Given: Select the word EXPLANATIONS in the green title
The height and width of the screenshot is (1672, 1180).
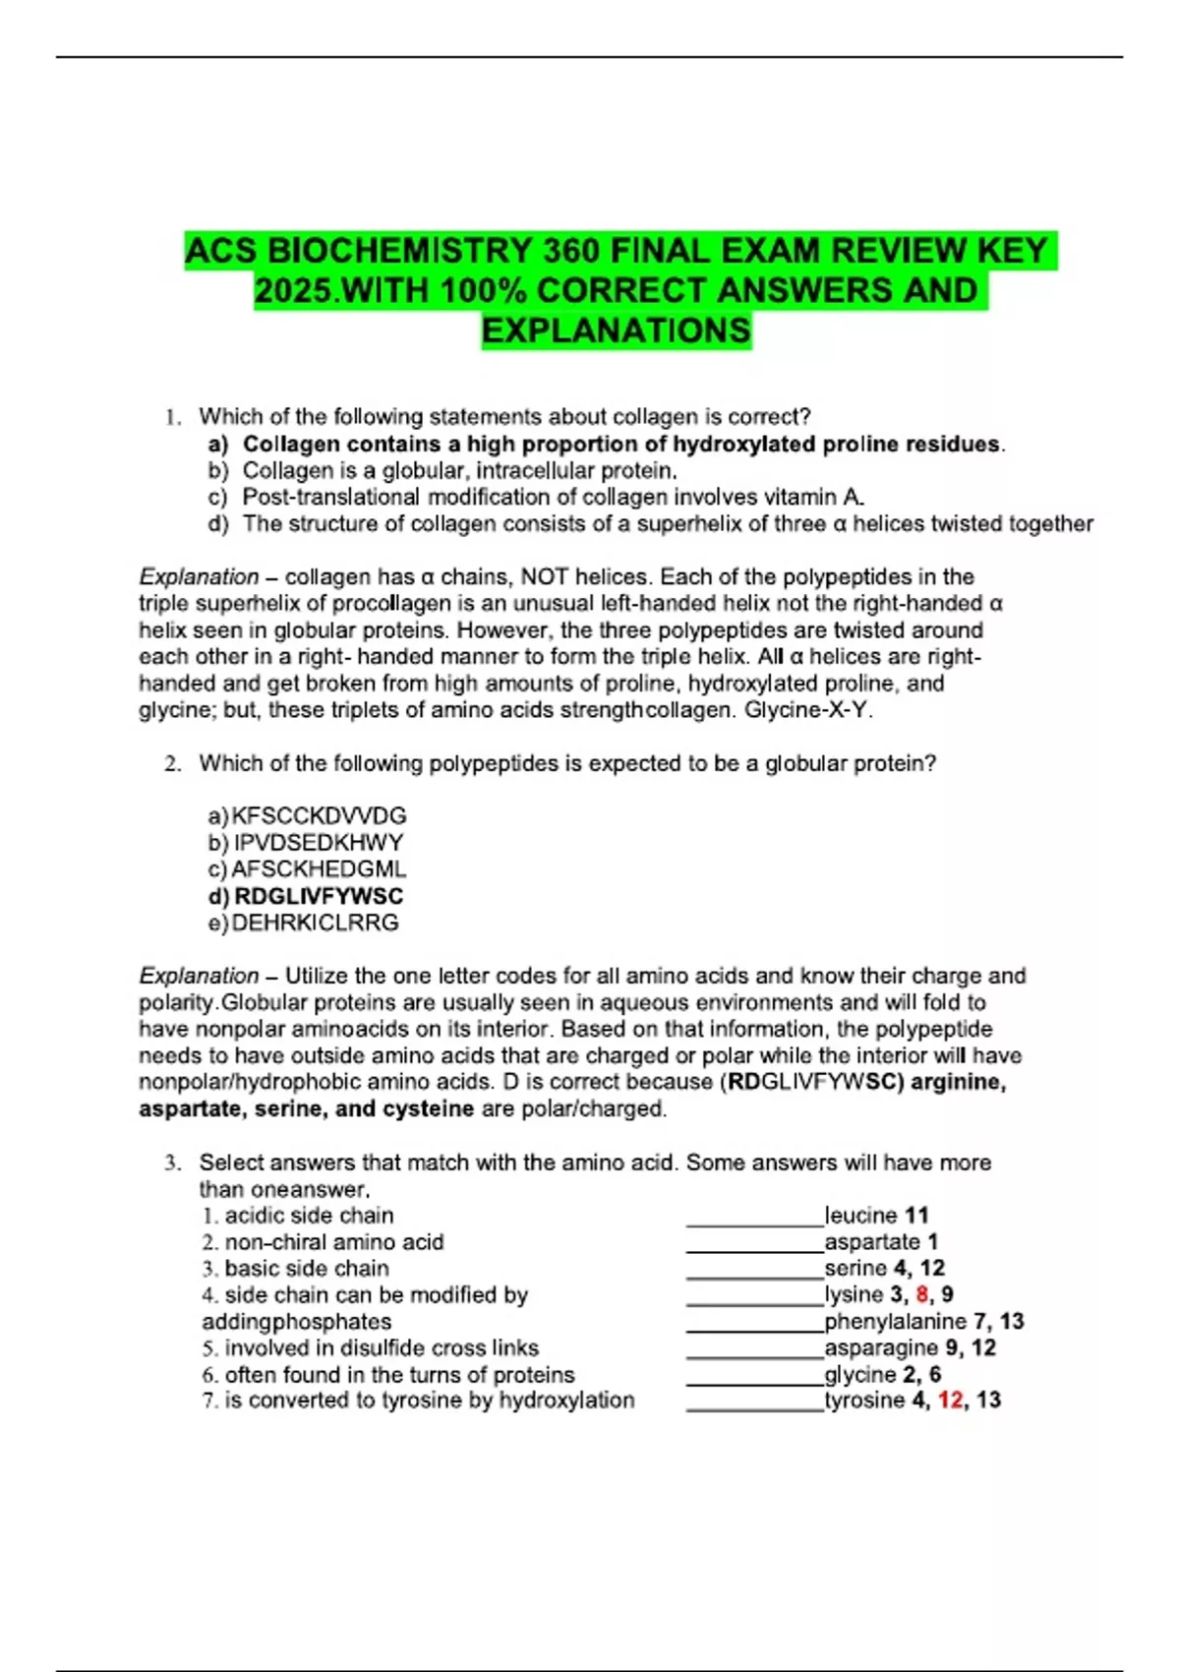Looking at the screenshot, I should tap(617, 330).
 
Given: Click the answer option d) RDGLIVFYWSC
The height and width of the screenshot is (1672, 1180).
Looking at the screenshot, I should tap(306, 896).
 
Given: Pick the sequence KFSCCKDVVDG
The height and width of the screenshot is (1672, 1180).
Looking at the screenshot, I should tap(319, 815).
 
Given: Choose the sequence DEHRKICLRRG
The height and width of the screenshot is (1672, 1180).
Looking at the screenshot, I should tap(315, 923).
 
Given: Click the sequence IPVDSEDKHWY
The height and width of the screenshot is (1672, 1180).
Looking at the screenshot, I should tap(319, 843).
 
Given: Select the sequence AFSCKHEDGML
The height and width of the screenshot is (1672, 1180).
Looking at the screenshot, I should tap(319, 869).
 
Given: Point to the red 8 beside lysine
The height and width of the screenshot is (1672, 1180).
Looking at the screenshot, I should tap(921, 1294).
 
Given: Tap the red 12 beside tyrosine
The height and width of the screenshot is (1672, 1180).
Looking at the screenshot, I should tap(950, 1400).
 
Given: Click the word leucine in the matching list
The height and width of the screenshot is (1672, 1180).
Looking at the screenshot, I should tap(861, 1216).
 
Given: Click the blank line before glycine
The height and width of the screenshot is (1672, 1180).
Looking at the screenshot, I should tap(754, 1381).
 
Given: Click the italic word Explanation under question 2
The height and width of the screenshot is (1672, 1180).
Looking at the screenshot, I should tap(199, 976).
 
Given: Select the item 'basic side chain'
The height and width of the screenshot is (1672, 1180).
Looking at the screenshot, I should tap(306, 1269).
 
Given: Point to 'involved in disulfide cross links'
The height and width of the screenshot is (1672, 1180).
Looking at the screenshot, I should tap(381, 1347).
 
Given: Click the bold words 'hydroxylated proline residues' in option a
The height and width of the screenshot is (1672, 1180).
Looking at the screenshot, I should tap(836, 444).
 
